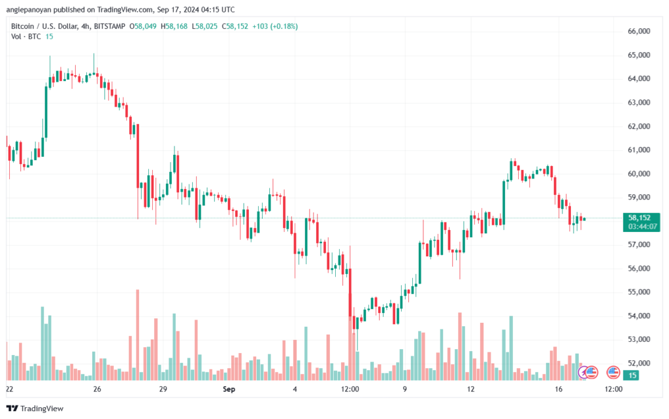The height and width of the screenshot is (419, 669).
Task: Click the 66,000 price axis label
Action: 639,31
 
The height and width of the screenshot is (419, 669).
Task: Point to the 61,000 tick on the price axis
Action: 639,150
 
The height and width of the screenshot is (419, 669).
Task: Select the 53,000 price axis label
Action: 639,340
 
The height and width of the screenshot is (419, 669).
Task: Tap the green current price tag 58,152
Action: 639,218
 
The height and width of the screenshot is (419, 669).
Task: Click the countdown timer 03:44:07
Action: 642,227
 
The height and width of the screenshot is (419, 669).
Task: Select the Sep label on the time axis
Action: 229,389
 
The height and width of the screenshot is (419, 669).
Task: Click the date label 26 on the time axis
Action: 97,389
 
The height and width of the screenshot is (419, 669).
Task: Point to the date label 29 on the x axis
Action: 163,389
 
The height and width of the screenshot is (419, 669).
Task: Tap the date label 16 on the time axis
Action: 559,389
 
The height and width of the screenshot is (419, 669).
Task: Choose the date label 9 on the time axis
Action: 404,389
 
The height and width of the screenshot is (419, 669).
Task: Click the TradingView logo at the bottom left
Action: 35,409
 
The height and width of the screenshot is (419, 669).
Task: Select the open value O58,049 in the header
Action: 143,26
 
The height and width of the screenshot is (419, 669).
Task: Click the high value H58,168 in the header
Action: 174,26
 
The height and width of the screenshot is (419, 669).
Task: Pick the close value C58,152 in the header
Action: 235,26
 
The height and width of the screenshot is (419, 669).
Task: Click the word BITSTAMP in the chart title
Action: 110,26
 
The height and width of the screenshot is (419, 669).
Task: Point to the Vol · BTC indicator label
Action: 26,37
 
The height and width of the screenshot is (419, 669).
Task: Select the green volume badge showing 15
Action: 631,375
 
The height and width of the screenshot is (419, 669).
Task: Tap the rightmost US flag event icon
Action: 613,373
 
